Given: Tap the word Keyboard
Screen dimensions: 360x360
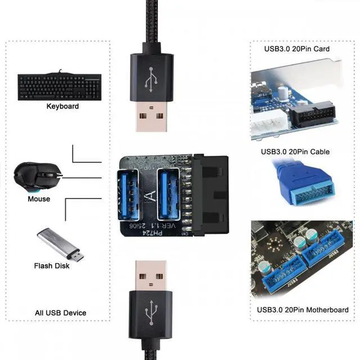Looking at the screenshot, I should (x=62, y=106).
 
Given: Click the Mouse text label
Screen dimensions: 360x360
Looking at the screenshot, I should (x=39, y=199).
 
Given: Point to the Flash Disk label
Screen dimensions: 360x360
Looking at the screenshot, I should (x=52, y=265).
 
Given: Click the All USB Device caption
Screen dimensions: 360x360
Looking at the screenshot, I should (x=60, y=312).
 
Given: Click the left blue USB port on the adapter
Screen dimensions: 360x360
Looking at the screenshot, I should (x=128, y=194).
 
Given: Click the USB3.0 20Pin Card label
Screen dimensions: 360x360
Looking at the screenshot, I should (x=296, y=48).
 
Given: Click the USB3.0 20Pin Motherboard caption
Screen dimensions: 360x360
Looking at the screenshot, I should (x=303, y=310).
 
